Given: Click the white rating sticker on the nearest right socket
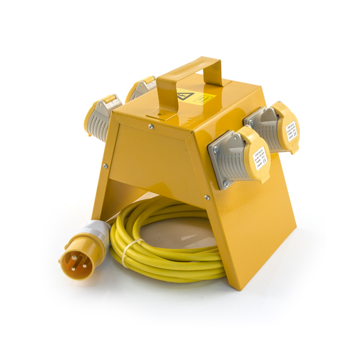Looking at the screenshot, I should (x=260, y=156).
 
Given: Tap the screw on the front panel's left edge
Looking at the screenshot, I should (x=105, y=166).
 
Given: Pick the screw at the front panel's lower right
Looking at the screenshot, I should (x=207, y=198).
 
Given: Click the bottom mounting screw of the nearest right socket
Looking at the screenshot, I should (x=225, y=184).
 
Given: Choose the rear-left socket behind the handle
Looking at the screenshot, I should (x=142, y=89).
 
